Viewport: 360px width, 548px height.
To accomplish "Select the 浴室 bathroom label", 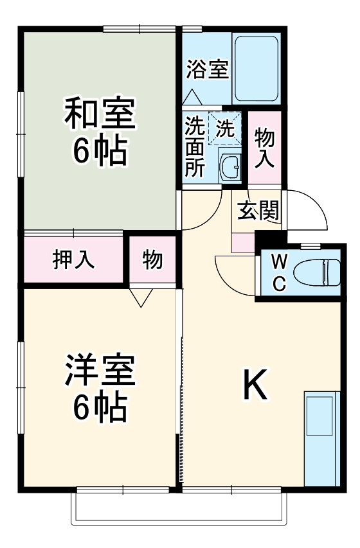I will (207, 69).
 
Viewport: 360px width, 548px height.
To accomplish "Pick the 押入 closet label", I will (74, 260).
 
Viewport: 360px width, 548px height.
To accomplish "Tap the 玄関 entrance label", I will (258, 210).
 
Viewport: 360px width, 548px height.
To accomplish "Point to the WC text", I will (278, 273).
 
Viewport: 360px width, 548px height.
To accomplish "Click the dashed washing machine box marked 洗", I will (224, 128).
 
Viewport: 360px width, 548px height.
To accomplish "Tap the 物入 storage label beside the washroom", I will (265, 146).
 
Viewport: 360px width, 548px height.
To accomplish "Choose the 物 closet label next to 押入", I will (152, 260).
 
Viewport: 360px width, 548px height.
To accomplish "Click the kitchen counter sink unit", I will (320, 437).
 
